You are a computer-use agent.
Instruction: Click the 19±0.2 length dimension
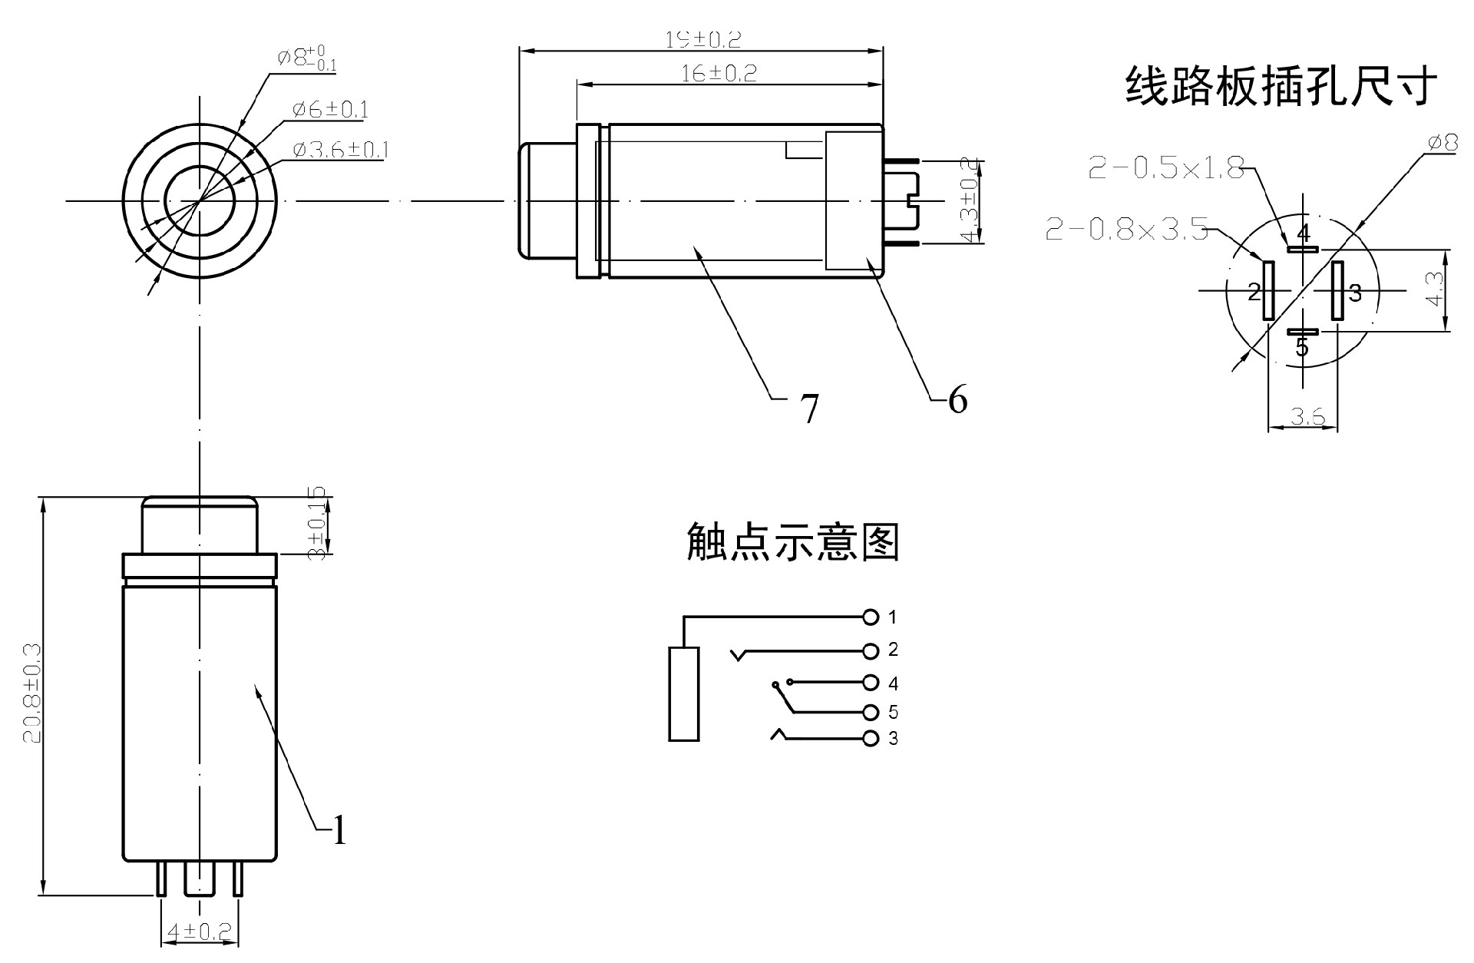pos(702,39)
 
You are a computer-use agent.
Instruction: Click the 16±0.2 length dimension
pos(719,73)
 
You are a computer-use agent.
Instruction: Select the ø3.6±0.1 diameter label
pos(340,149)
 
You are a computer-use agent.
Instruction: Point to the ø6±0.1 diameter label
pos(330,110)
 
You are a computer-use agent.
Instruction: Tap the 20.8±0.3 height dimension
pos(31,693)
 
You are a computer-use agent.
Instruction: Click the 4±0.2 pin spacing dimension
pos(200,932)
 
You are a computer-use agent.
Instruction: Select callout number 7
pos(810,408)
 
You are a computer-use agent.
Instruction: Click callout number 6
pos(957,399)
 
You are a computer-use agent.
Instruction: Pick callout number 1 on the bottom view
pos(339,830)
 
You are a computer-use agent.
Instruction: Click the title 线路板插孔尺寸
pos(1281,85)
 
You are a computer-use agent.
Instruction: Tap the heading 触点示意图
pos(792,542)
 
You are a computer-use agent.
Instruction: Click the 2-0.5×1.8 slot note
pos(1166,168)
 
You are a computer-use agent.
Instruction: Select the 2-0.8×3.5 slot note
pos(1126,229)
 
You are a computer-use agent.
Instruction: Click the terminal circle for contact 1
pos(870,617)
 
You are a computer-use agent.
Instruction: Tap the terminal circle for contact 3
pos(870,739)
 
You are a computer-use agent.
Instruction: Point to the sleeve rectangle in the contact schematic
pos(683,694)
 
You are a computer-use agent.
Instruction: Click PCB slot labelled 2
pos(1267,291)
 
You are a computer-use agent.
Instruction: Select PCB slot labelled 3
pos(1337,291)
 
